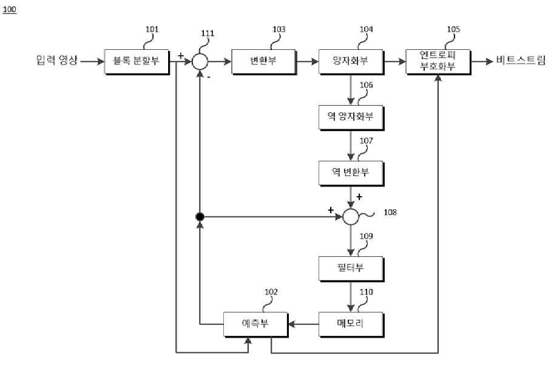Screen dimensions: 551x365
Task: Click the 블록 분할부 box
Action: tap(137, 61)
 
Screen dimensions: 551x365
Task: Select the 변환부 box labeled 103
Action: tap(263, 61)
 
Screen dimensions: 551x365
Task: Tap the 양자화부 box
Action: tap(351, 61)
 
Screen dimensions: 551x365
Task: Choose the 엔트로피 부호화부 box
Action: tap(438, 61)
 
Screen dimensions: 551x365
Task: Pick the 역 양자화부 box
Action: tap(351, 117)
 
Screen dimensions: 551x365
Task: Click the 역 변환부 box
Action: tap(351, 173)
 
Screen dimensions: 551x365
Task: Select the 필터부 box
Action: tap(351, 268)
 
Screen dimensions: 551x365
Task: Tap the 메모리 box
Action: tap(351, 324)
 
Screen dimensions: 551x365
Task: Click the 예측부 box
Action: tap(256, 324)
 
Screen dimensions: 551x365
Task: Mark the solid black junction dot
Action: tap(200, 217)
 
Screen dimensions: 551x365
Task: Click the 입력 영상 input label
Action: tap(56, 60)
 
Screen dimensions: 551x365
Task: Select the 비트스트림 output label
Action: tap(521, 60)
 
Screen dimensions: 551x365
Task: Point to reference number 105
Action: tap(453, 29)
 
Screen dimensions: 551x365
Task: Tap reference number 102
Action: tap(271, 292)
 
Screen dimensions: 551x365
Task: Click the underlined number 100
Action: tap(9, 9)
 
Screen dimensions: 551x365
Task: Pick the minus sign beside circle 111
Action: tap(209, 77)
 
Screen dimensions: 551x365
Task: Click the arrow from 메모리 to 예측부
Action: tap(303, 324)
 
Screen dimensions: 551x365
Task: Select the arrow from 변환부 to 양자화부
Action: tap(307, 61)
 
